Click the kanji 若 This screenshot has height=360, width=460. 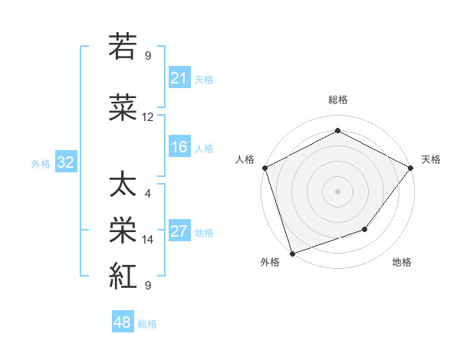[x=123, y=47]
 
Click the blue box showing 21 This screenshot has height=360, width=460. [x=179, y=78]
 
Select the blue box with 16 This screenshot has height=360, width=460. [x=179, y=148]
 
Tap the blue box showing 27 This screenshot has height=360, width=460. [x=179, y=232]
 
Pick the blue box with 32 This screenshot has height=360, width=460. [x=65, y=162]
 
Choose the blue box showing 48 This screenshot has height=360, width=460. [x=123, y=323]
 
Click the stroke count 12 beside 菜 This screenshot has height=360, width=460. [x=148, y=117]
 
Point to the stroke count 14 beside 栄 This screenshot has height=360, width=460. [x=148, y=240]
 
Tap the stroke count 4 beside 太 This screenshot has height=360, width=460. [x=148, y=194]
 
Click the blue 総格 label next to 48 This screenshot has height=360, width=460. [x=147, y=324]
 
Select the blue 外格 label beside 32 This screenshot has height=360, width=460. [x=41, y=163]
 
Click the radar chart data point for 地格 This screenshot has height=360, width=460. [x=365, y=229]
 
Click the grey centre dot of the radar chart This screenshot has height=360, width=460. [x=337, y=191]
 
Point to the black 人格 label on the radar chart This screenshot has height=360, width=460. [x=245, y=159]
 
